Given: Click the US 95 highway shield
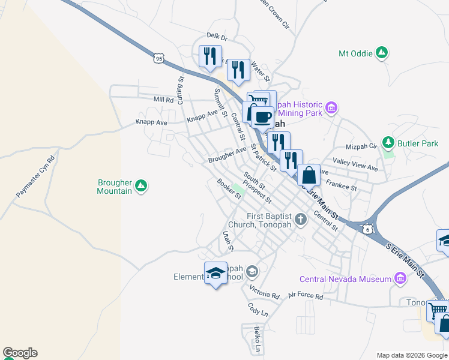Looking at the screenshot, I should [158, 58].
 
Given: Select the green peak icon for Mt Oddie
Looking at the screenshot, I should [381, 53].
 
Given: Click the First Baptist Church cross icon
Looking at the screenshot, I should [301, 220].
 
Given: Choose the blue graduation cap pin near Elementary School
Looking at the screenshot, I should [216, 274].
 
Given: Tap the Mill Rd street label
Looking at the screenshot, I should [163, 100].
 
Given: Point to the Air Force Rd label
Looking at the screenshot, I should [306, 296].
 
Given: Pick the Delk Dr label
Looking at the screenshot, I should [215, 37].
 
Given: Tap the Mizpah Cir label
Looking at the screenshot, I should [361, 145].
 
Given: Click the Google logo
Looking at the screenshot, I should [20, 353].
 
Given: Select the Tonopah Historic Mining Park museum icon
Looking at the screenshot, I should [331, 109].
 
